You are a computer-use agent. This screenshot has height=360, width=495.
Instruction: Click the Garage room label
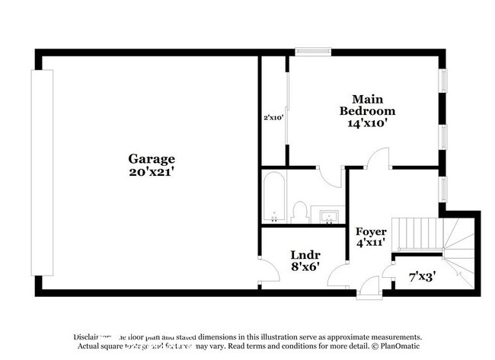(152, 159)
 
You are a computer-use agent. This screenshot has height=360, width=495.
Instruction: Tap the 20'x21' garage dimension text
(152, 172)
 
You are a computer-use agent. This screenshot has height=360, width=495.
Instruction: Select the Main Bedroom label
(367, 104)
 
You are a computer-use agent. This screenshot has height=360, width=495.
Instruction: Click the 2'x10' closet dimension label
(273, 118)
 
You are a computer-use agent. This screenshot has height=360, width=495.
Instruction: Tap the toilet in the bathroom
(300, 210)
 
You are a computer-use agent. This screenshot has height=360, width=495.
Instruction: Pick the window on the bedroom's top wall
(313, 52)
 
